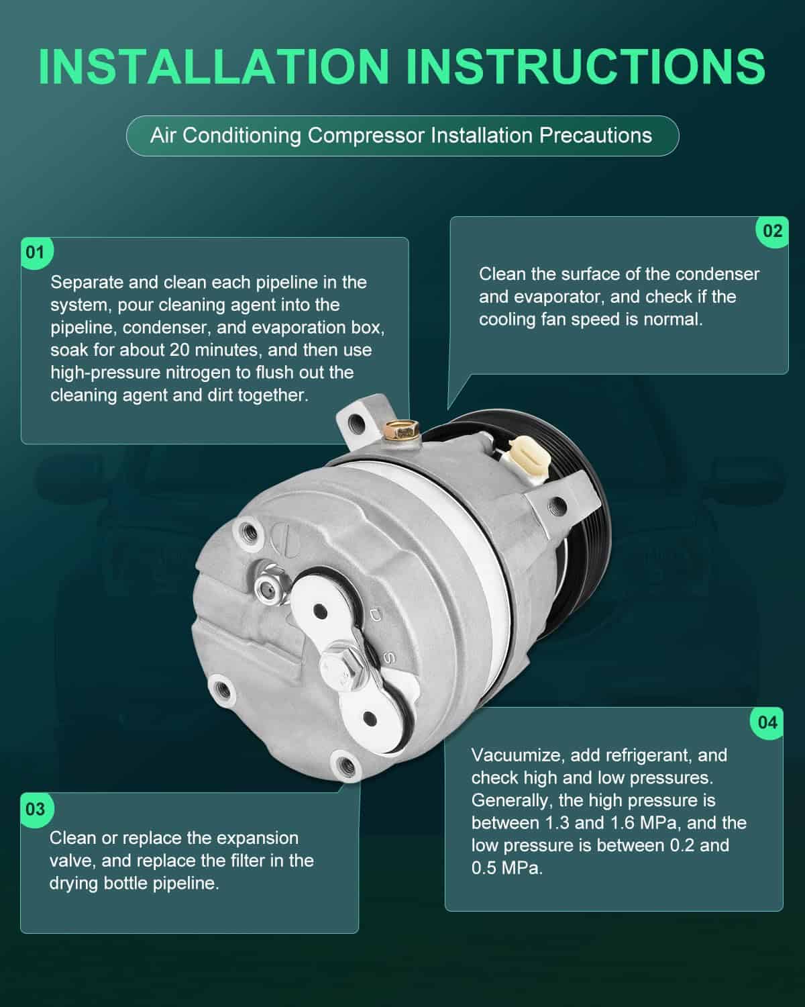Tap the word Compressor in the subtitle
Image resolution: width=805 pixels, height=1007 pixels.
click(x=366, y=136)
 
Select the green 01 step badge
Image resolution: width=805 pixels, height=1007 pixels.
click(x=36, y=253)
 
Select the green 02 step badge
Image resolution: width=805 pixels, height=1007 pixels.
click(x=772, y=232)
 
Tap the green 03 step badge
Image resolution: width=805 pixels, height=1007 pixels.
click(x=36, y=809)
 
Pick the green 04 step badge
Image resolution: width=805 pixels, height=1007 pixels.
click(x=767, y=723)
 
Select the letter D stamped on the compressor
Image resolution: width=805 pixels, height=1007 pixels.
click(x=375, y=616)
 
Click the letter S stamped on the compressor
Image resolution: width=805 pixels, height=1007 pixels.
click(x=388, y=657)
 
